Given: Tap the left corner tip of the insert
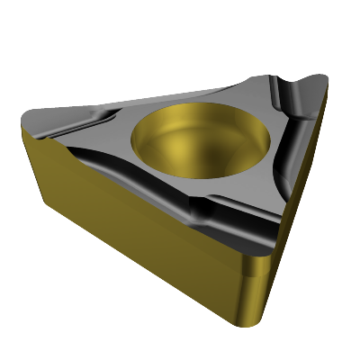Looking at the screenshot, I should (x=24, y=120).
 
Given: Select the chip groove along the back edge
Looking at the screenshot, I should (x=171, y=94).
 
